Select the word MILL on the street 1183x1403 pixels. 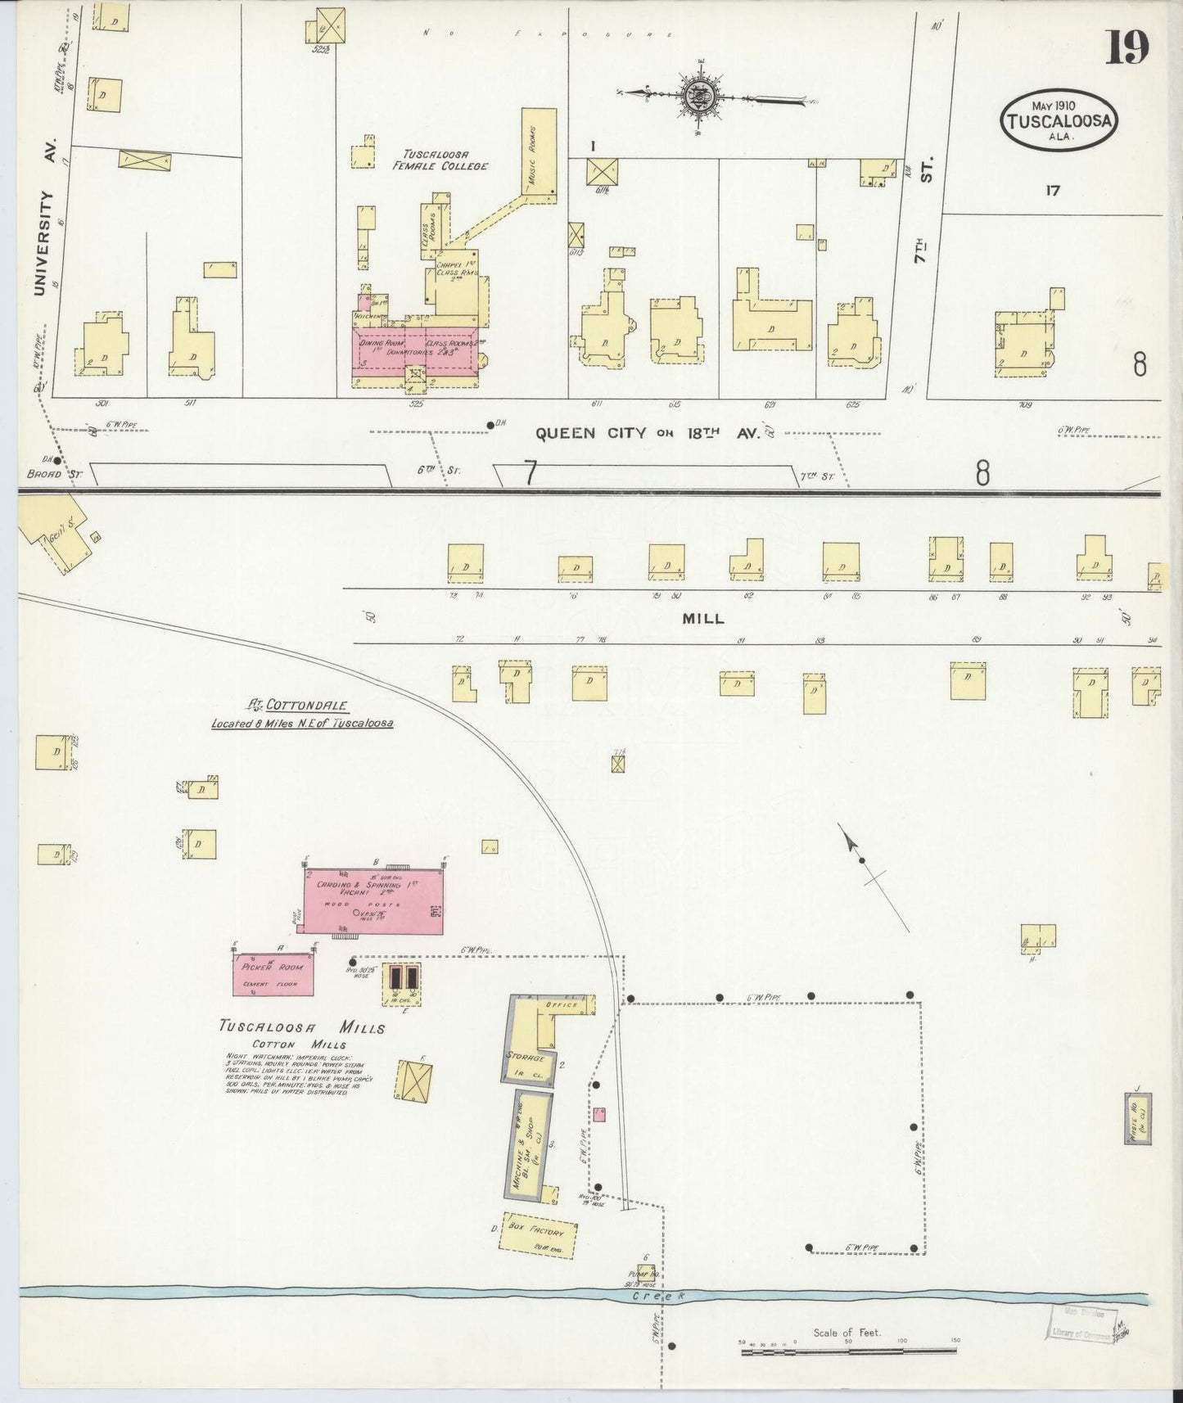[703, 619]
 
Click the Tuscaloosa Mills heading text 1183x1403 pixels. [301, 1027]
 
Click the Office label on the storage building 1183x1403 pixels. [565, 1004]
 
